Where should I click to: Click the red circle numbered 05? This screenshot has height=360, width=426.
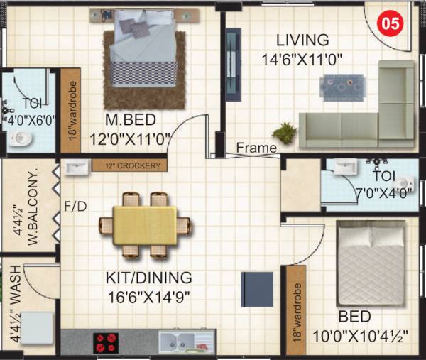click(390, 22)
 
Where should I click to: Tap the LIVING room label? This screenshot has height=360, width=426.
click(303, 40)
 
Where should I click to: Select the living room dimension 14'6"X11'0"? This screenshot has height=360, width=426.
click(303, 60)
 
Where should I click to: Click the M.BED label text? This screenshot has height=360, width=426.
click(130, 119)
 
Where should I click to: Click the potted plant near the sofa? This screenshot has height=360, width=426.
click(285, 132)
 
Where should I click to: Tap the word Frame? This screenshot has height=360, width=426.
click(256, 148)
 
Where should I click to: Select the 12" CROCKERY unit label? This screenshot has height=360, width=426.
click(130, 165)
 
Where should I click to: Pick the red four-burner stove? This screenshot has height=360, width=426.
click(106, 342)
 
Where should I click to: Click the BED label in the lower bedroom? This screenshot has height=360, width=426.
click(353, 317)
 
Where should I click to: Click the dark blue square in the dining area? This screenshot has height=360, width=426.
click(257, 290)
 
